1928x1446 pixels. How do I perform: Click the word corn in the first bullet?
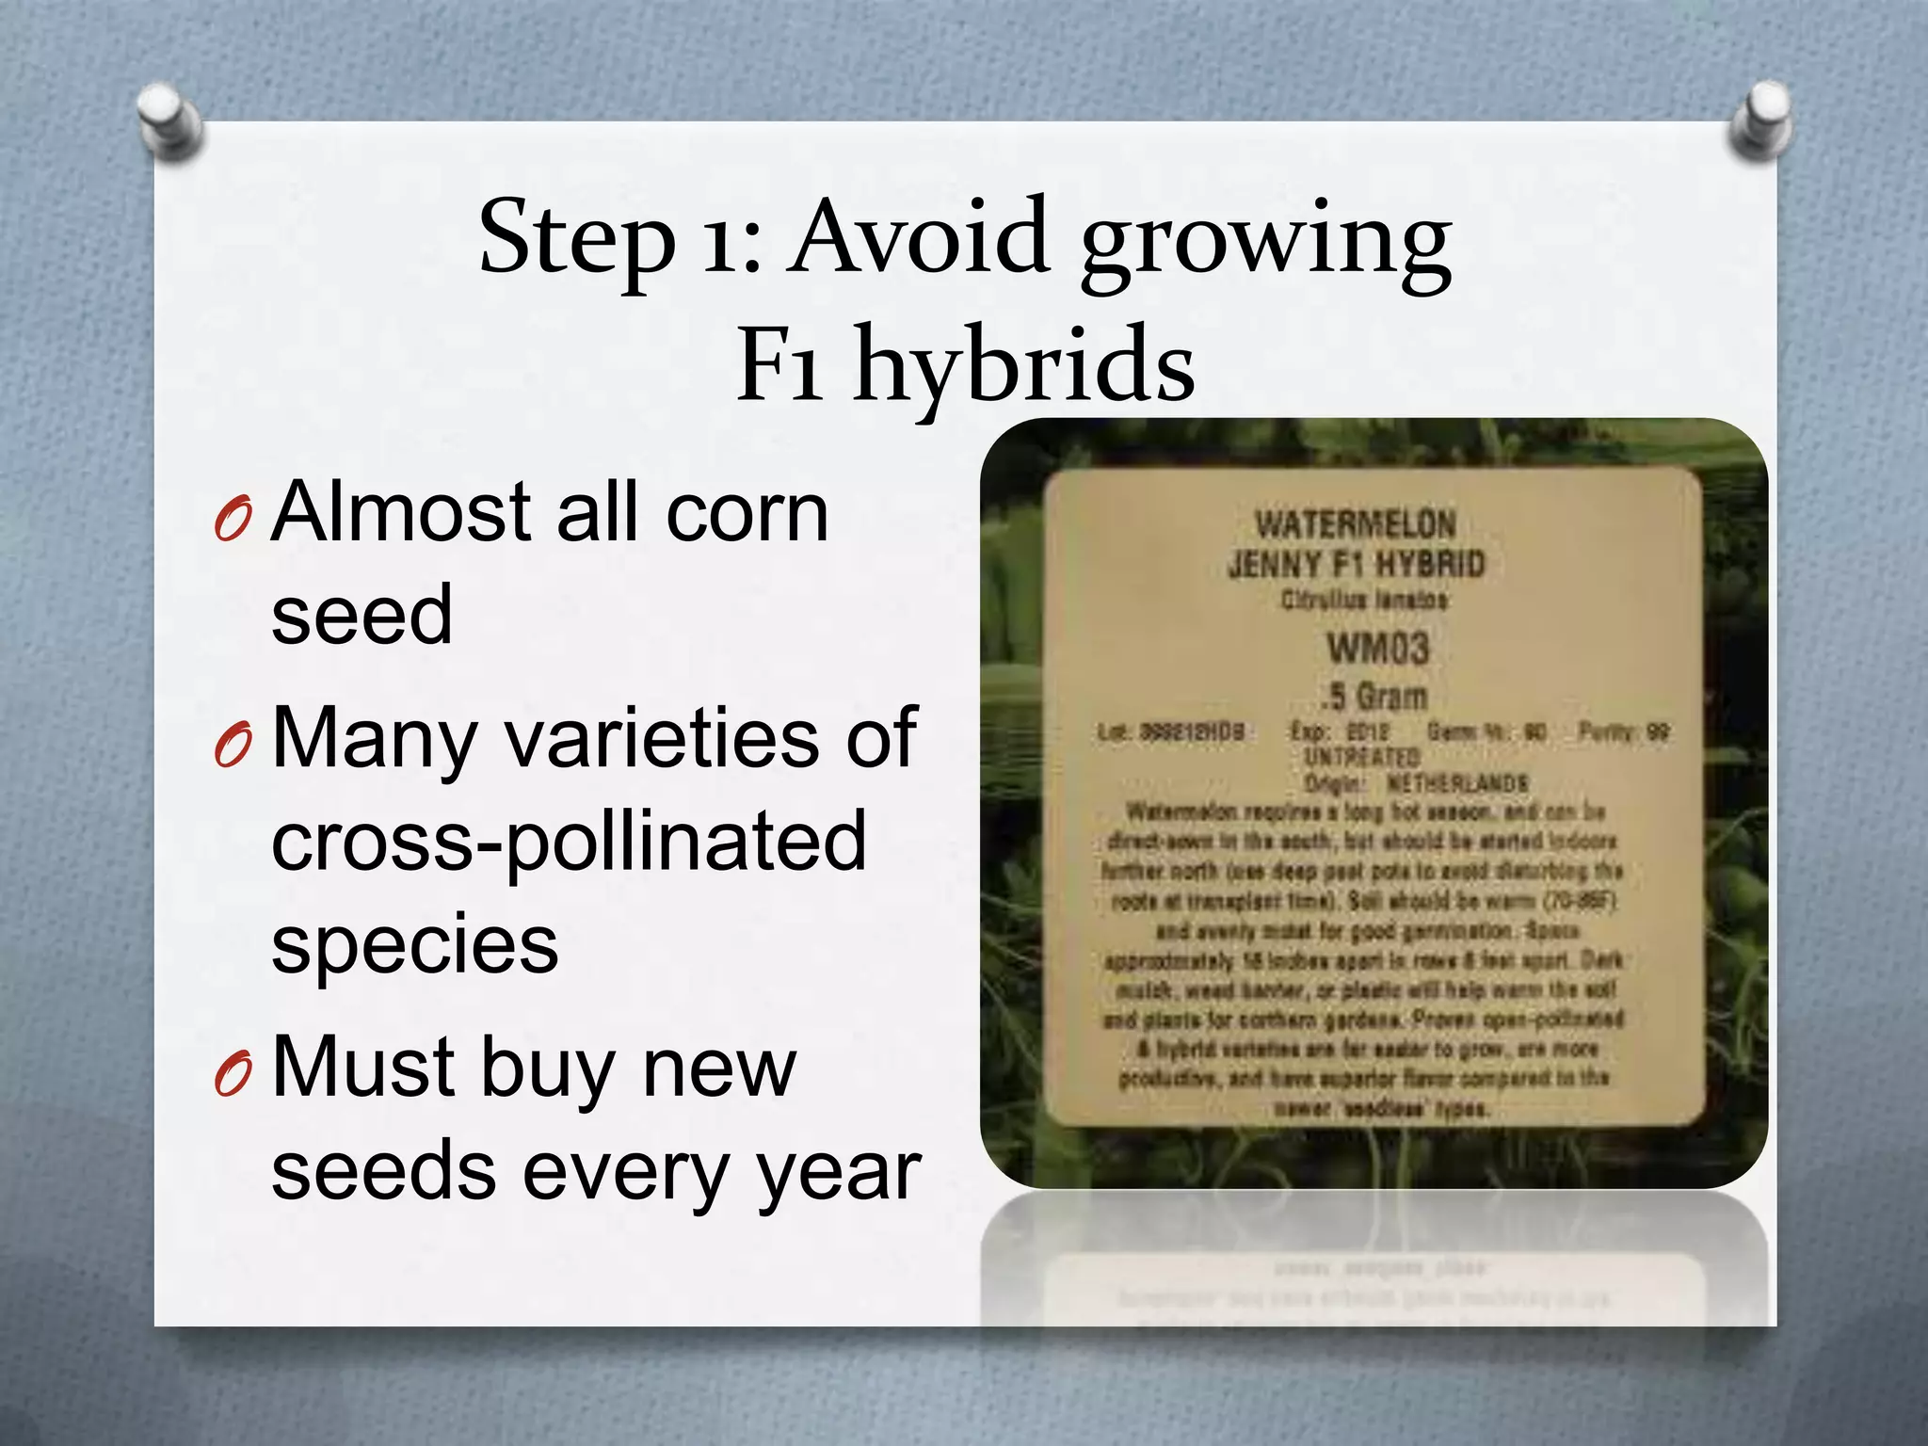[x=747, y=513]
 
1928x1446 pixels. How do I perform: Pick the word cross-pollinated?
[x=568, y=840]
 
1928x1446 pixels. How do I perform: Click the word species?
[x=414, y=946]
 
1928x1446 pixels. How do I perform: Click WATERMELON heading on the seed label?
[x=1356, y=523]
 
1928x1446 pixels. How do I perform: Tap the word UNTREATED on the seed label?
[x=1361, y=757]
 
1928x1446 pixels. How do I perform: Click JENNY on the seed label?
[x=1262, y=565]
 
